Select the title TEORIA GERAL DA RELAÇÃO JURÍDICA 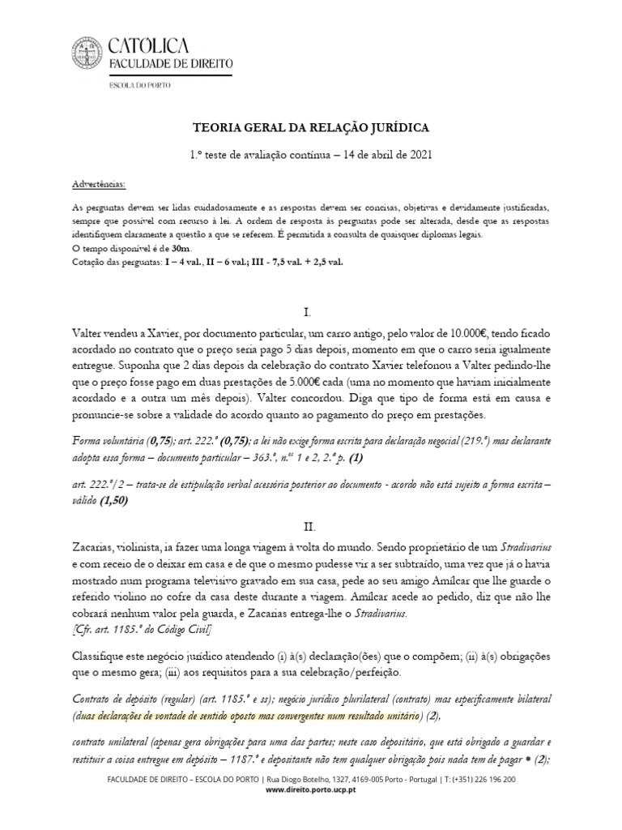[311, 128]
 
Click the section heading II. [310, 503]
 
